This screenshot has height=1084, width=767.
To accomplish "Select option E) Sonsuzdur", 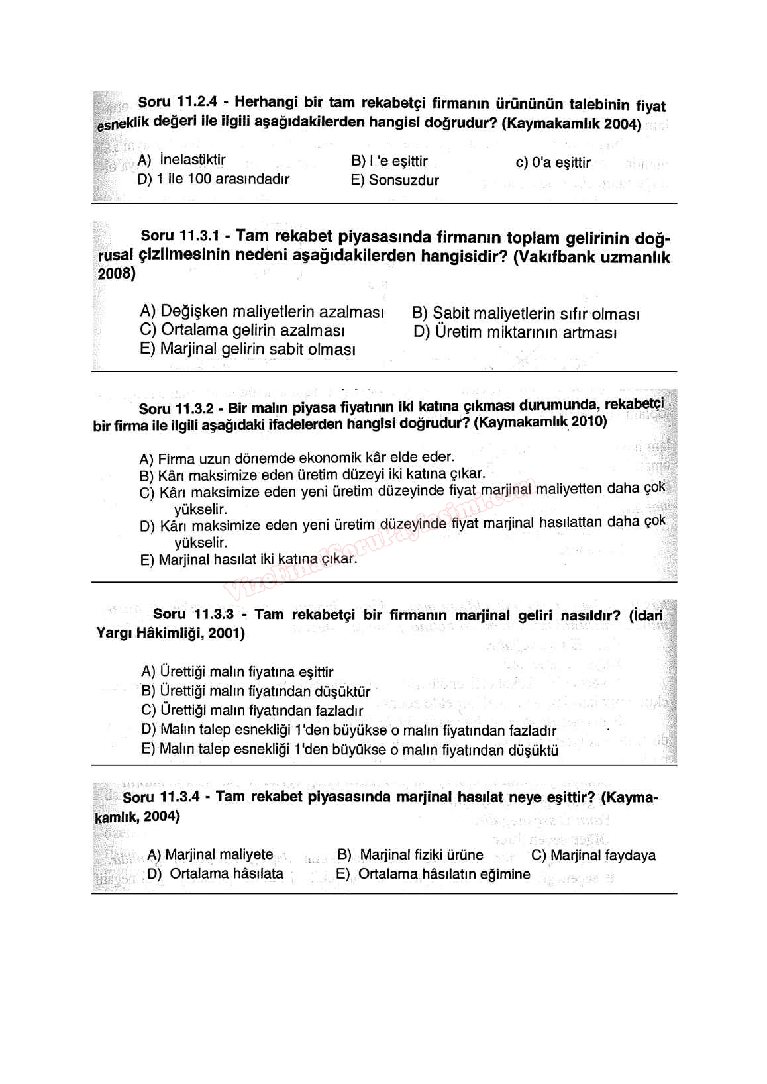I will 395,180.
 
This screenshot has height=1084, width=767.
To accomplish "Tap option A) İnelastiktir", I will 181,160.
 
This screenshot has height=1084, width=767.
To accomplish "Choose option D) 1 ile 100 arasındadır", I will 213,179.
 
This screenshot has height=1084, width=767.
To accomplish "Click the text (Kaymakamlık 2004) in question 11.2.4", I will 572,124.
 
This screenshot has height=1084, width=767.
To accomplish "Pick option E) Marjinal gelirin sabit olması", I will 248,349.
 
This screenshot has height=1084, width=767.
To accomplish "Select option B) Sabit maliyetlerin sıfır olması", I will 525,313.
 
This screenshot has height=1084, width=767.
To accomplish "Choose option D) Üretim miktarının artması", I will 515,332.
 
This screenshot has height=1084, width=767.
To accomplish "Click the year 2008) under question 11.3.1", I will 117,274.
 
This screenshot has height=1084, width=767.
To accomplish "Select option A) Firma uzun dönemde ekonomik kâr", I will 297,458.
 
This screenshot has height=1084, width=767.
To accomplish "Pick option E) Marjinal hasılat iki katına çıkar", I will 248,560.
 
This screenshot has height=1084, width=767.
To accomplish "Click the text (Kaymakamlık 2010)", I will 540,422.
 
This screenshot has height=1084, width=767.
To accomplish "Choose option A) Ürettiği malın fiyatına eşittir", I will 237,672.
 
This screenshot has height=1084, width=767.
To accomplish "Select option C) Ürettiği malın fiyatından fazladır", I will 252,711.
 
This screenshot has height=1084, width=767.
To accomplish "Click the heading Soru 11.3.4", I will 161,797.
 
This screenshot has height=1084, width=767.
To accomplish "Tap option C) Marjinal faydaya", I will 593,855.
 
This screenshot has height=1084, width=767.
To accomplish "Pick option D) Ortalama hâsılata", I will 215,874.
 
